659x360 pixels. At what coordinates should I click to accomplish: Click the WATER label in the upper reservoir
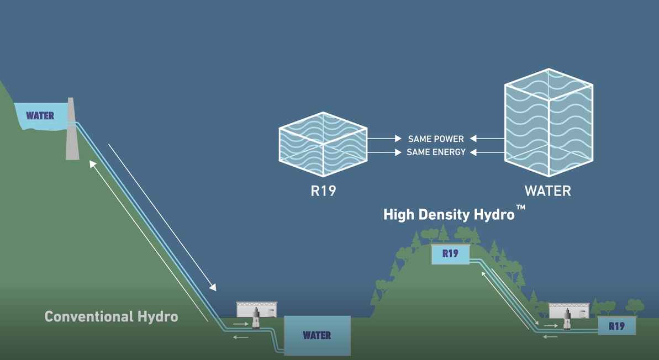40,116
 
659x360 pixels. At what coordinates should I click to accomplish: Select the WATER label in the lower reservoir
317,335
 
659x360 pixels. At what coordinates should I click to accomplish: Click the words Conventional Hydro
111,316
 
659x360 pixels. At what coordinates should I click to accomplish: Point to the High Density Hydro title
449,214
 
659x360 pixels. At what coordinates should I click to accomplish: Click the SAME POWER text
436,139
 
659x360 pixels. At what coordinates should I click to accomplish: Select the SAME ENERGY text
436,152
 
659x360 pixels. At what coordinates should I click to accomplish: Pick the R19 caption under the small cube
323,192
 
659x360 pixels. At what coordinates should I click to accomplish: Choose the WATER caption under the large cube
547,191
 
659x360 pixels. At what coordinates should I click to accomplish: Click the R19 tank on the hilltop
450,254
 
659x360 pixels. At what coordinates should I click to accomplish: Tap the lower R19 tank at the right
616,326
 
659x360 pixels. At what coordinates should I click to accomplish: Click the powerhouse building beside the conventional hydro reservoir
257,310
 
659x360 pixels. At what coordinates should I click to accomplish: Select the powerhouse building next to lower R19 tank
568,311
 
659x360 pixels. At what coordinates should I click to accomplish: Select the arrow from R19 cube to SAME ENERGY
384,152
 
